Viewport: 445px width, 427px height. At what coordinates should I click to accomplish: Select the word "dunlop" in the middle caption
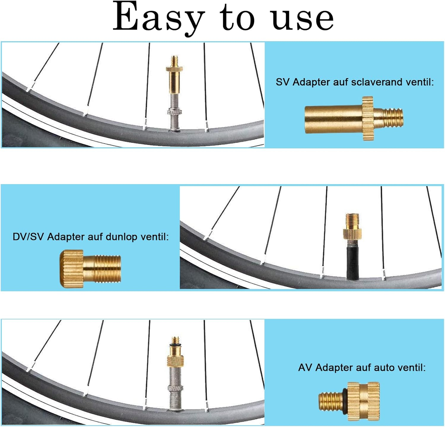121,237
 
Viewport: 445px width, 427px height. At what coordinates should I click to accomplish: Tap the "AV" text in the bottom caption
305,368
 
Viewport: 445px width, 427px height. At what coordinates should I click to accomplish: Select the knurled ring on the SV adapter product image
368,118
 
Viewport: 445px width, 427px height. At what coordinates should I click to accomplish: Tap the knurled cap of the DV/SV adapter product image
72,269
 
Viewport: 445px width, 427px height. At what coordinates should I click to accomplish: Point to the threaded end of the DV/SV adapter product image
107,269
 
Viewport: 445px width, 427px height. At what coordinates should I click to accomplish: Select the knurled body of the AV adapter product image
363,401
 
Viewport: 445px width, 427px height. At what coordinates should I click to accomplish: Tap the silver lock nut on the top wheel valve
174,112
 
